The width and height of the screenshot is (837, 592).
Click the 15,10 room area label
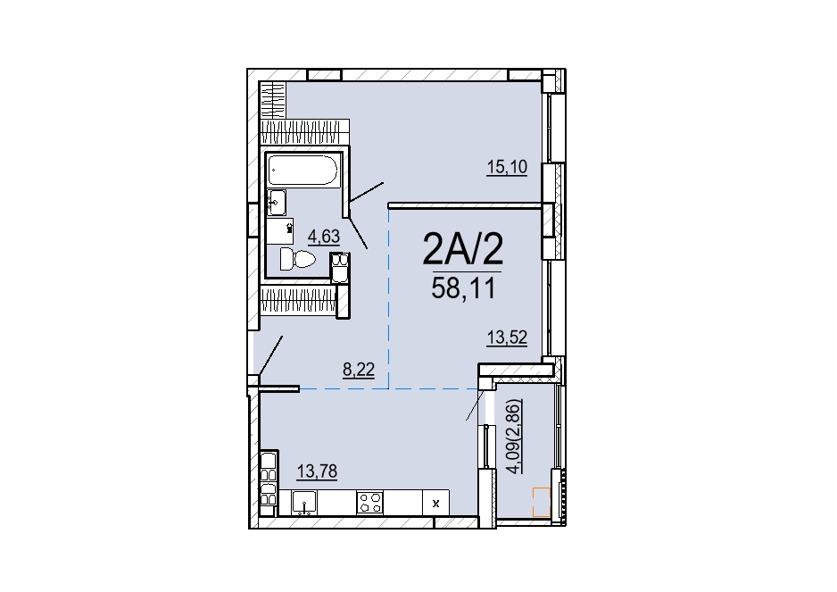point(507,167)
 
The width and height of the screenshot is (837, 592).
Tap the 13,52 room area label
point(507,338)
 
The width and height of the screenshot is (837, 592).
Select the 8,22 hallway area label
point(358,369)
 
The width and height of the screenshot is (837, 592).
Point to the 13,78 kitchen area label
point(317,471)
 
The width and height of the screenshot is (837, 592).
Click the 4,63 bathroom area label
point(324,236)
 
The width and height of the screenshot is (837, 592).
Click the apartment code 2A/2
point(463,249)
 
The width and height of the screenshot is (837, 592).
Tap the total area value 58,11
point(463,288)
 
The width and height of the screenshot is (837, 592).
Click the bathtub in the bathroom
point(302,170)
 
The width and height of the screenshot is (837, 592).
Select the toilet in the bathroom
point(297,259)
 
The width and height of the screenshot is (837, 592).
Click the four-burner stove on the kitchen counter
point(370,503)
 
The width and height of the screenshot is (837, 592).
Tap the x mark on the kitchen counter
point(435,504)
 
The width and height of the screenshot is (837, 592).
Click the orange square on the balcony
point(542,502)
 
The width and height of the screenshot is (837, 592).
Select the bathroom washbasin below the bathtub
point(277,203)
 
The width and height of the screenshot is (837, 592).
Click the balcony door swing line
point(476,404)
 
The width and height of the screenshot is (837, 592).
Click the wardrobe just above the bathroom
point(305,132)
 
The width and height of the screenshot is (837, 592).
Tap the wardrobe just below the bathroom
point(298,300)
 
